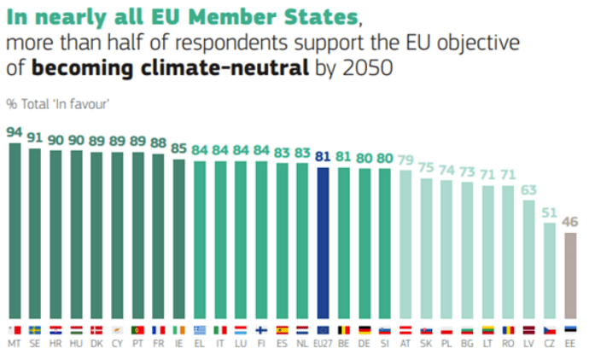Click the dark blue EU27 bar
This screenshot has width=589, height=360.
324,240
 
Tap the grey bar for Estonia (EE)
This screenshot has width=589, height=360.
570,273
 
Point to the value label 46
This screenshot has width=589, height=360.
570,221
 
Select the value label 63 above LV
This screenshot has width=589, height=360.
529,189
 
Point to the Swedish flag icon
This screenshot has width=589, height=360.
35,328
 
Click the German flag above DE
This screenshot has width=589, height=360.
364,328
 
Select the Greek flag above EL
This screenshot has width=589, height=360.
200,328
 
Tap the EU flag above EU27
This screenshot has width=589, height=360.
324,328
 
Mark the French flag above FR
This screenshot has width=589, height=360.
159,328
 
